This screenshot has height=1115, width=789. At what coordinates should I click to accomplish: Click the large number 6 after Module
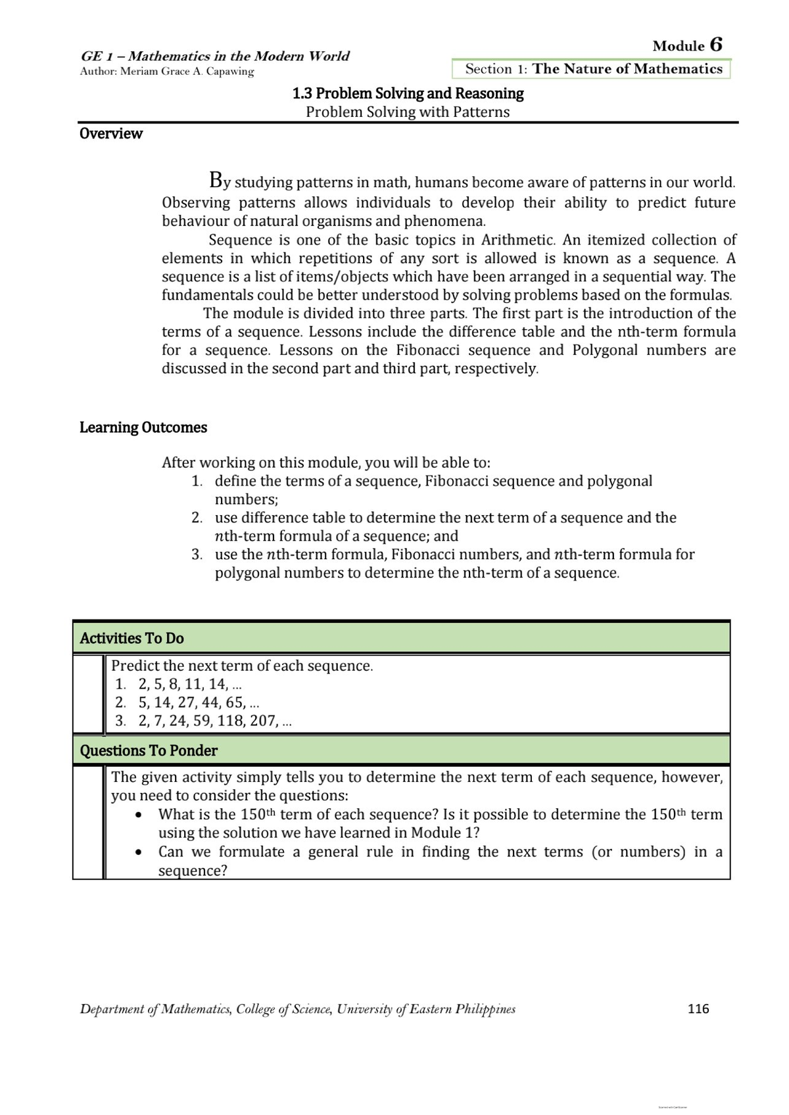pyautogui.click(x=716, y=45)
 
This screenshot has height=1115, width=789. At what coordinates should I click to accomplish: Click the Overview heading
pyautogui.click(x=110, y=133)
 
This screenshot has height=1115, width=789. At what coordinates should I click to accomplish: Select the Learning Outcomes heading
pyautogui.click(x=143, y=428)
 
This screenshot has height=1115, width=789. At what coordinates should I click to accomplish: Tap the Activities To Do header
pyautogui.click(x=131, y=638)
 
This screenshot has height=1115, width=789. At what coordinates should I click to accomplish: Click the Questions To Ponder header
pyautogui.click(x=149, y=750)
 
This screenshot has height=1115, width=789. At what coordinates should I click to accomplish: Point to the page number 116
pyautogui.click(x=698, y=1009)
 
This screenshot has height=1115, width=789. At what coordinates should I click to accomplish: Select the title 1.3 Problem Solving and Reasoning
pyautogui.click(x=408, y=93)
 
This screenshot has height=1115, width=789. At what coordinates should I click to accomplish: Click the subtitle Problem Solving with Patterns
pyautogui.click(x=408, y=112)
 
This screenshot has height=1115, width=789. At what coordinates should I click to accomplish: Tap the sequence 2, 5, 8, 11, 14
pyautogui.click(x=184, y=684)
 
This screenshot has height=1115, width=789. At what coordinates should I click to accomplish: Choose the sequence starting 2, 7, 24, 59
pyautogui.click(x=209, y=721)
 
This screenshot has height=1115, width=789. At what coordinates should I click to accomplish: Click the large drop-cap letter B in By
pyautogui.click(x=215, y=179)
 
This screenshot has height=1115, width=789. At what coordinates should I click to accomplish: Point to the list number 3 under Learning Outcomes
pyautogui.click(x=197, y=555)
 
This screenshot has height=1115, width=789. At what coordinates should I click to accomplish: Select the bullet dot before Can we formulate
pyautogui.click(x=138, y=853)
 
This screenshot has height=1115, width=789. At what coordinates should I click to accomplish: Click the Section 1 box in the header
pyautogui.click(x=591, y=69)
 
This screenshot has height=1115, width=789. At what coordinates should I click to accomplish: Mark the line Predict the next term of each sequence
pyautogui.click(x=242, y=666)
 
